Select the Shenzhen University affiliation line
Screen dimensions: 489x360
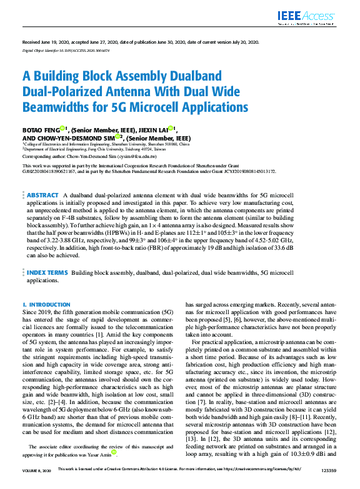click(106, 144)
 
